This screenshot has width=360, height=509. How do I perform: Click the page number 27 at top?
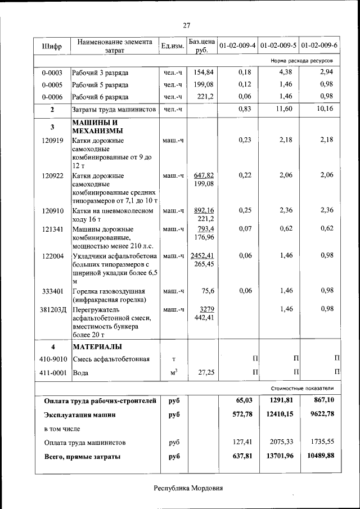(x=187, y=25)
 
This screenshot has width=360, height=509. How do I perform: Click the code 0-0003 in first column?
(x=52, y=73)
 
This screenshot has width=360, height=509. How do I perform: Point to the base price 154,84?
(x=204, y=73)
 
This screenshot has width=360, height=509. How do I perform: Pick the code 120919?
(x=52, y=140)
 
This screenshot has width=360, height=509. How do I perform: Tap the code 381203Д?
(x=52, y=309)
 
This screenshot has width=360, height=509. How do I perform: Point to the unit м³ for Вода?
(x=173, y=372)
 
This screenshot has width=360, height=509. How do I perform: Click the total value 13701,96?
(x=280, y=456)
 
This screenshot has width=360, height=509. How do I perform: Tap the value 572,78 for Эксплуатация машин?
(x=242, y=415)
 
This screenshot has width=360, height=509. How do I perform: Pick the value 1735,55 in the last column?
(x=322, y=442)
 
